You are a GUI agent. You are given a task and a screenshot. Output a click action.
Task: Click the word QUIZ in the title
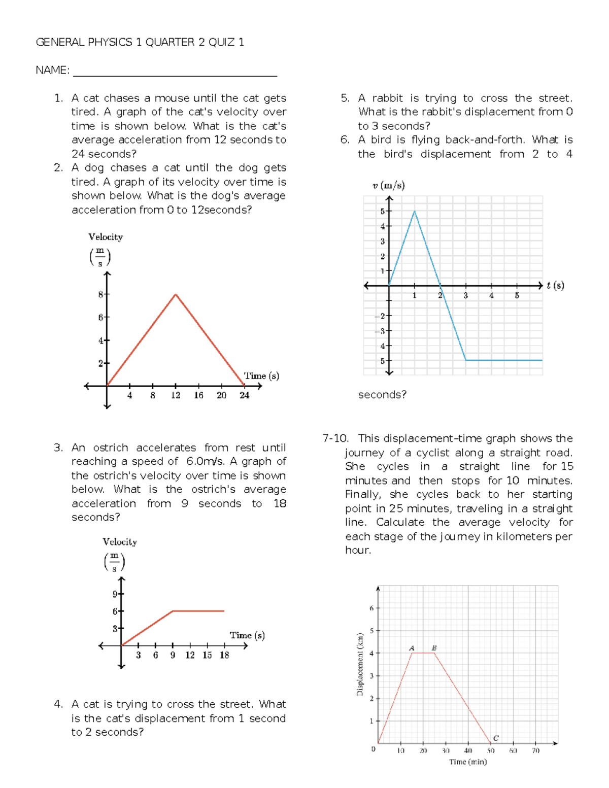[221, 42]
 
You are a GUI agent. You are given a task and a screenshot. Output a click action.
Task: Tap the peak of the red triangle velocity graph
[176, 294]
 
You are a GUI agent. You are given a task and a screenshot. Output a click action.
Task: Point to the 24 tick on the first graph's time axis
[245, 395]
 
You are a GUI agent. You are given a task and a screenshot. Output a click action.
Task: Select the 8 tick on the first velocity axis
[101, 294]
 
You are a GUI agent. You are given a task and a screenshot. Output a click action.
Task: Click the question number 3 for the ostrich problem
[58, 448]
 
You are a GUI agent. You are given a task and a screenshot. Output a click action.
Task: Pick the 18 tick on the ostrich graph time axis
[224, 655]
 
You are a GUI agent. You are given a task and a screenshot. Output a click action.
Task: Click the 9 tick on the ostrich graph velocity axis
[115, 594]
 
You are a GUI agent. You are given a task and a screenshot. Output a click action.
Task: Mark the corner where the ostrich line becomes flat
[173, 611]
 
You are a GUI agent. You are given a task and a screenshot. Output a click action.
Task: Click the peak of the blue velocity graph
[415, 211]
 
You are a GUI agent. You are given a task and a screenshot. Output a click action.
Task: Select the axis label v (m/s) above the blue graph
[388, 186]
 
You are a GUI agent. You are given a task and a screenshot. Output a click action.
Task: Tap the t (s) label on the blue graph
[555, 285]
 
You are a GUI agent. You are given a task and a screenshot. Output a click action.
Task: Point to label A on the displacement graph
[412, 648]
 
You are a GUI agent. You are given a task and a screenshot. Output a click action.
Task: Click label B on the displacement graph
[434, 648]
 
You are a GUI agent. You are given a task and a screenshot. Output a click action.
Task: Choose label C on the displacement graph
[496, 738]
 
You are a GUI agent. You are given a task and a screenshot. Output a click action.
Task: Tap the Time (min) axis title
[467, 762]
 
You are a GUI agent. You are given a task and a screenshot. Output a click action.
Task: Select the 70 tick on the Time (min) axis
[535, 750]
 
